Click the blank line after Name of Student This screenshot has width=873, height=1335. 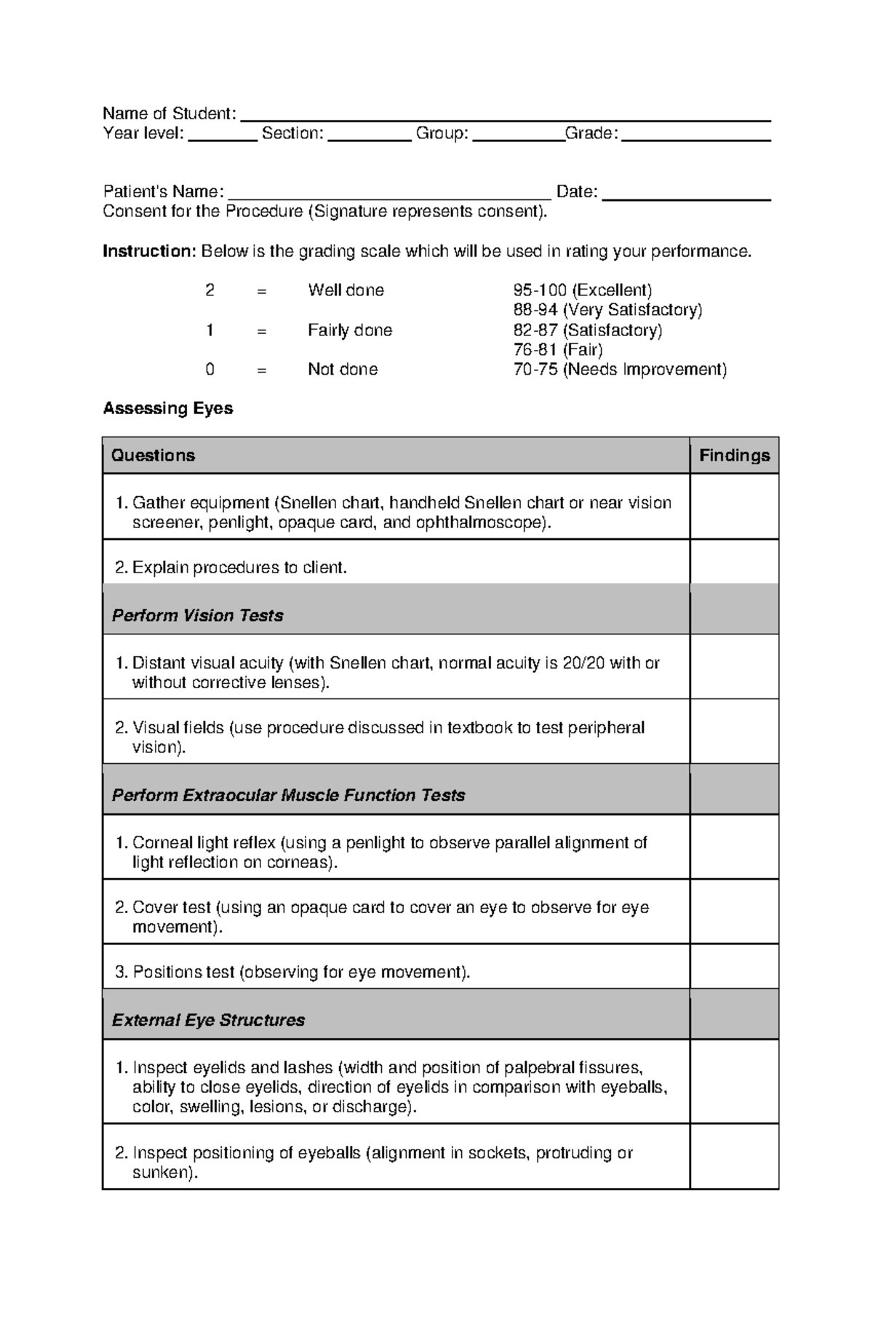(x=505, y=116)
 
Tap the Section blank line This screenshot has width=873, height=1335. (x=370, y=137)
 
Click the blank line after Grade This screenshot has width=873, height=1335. (x=695, y=137)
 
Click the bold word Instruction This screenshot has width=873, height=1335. (x=149, y=252)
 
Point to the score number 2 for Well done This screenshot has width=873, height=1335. (x=210, y=290)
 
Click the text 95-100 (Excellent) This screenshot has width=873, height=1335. (x=582, y=290)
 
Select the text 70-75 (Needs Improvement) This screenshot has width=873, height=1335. (x=619, y=370)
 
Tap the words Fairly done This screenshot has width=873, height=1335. (x=349, y=330)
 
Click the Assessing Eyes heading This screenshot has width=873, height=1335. (x=168, y=409)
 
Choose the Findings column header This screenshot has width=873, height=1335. (x=734, y=456)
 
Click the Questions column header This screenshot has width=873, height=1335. (x=153, y=456)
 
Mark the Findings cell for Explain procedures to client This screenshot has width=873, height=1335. (x=734, y=562)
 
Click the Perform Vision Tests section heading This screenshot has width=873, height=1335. (x=197, y=615)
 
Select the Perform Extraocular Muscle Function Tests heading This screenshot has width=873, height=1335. (x=288, y=795)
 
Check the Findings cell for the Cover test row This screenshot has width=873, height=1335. (x=734, y=912)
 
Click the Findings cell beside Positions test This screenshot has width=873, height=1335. (x=734, y=966)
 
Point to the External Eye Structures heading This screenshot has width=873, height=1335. (x=208, y=1020)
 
